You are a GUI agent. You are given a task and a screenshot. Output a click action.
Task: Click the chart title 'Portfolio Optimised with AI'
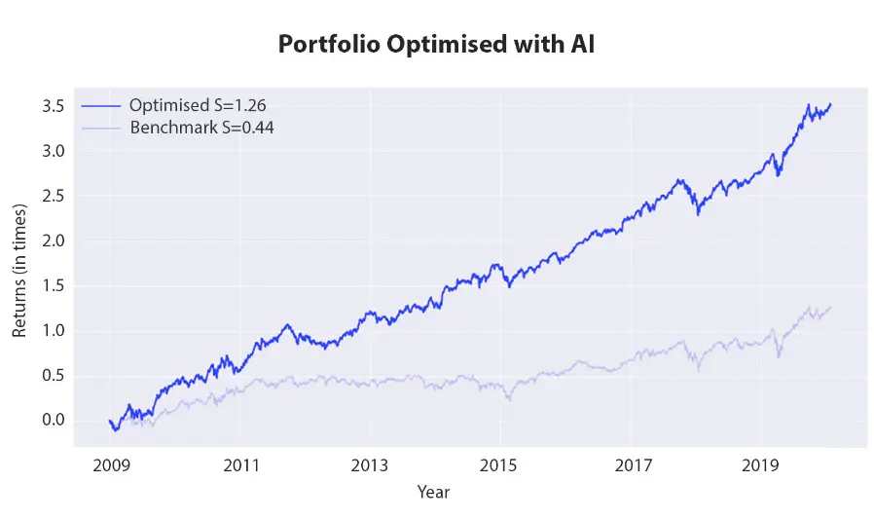point(437,46)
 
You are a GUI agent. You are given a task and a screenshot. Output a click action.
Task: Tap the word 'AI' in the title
point(581,46)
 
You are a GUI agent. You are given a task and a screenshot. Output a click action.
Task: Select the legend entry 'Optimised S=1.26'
point(190,106)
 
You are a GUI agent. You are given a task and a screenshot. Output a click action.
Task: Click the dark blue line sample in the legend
point(102,106)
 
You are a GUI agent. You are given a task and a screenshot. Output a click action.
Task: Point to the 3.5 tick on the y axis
point(54,106)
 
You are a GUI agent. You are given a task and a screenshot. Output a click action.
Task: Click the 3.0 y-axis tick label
point(54,151)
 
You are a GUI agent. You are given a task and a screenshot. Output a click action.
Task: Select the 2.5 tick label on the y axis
point(54,196)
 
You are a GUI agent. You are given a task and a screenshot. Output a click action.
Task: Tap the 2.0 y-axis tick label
point(54,241)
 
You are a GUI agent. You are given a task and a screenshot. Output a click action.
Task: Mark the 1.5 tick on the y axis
point(54,286)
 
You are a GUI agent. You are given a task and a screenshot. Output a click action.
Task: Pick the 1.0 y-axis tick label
point(54,331)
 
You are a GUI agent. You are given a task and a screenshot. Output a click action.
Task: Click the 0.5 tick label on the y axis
point(54,376)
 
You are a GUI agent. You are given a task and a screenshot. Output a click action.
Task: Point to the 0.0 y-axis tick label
point(54,421)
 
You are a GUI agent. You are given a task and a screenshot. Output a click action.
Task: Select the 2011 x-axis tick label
point(240,465)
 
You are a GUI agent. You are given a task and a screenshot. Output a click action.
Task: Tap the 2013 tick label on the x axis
point(371,465)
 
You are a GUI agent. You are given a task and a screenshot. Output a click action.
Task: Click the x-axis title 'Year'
point(433,493)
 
